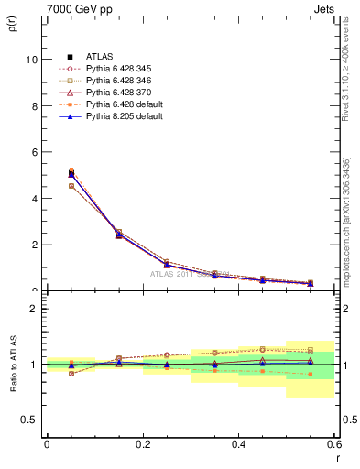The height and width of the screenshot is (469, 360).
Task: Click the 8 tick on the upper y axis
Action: point(34,106)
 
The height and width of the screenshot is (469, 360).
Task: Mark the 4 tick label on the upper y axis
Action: point(34,199)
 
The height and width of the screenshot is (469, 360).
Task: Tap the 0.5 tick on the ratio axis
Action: point(29,420)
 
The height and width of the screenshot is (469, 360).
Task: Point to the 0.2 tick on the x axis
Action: point(142,444)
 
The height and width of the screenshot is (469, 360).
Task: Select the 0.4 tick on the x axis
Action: point(238,444)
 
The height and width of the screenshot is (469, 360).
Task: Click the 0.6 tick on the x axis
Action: point(333,444)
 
